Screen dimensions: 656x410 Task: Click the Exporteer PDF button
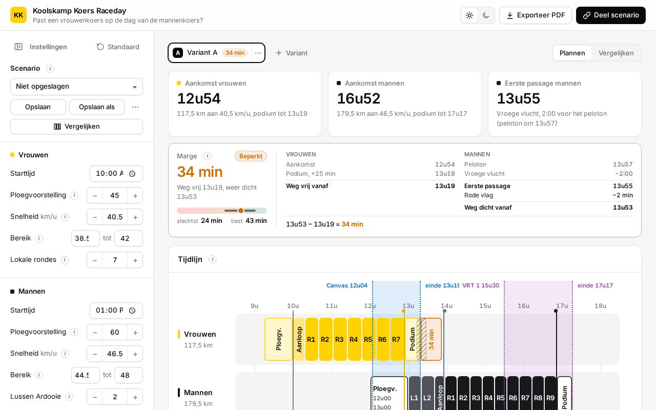click(536, 15)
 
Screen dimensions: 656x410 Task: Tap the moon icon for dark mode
click(486, 15)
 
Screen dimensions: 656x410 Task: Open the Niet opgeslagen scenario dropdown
click(76, 87)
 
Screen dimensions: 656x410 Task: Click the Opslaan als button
click(97, 107)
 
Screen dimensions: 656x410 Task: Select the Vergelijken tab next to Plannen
click(616, 53)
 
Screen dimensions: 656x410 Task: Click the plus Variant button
click(292, 53)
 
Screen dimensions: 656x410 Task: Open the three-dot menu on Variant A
click(258, 53)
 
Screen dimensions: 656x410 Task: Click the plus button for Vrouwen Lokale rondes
click(135, 260)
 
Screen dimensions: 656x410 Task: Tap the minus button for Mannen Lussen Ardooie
click(95, 397)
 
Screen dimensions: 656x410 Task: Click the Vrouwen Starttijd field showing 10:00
click(116, 174)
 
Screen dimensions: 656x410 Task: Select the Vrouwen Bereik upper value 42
click(128, 238)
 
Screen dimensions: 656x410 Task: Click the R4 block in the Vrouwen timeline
click(354, 339)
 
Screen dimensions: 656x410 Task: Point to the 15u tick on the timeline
click(485, 306)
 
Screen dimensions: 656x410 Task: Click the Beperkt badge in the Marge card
click(251, 156)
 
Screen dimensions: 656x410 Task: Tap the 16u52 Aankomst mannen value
click(358, 98)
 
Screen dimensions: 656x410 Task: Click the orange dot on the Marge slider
click(241, 211)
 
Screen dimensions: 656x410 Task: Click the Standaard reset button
click(118, 47)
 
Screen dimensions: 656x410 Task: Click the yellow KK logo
click(18, 15)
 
